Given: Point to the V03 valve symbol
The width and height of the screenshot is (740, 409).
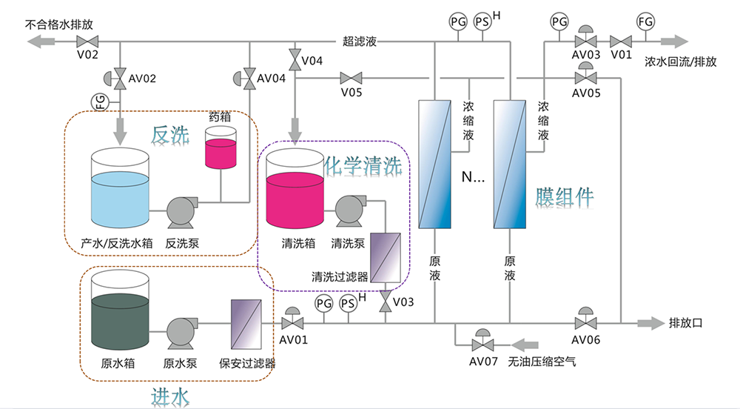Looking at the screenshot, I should [386, 303].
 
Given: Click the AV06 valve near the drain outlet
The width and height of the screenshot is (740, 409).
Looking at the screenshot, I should [585, 322].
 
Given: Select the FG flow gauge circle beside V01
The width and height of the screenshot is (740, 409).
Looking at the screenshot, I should [646, 22].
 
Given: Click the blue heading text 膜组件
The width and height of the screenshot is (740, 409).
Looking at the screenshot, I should [564, 197].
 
